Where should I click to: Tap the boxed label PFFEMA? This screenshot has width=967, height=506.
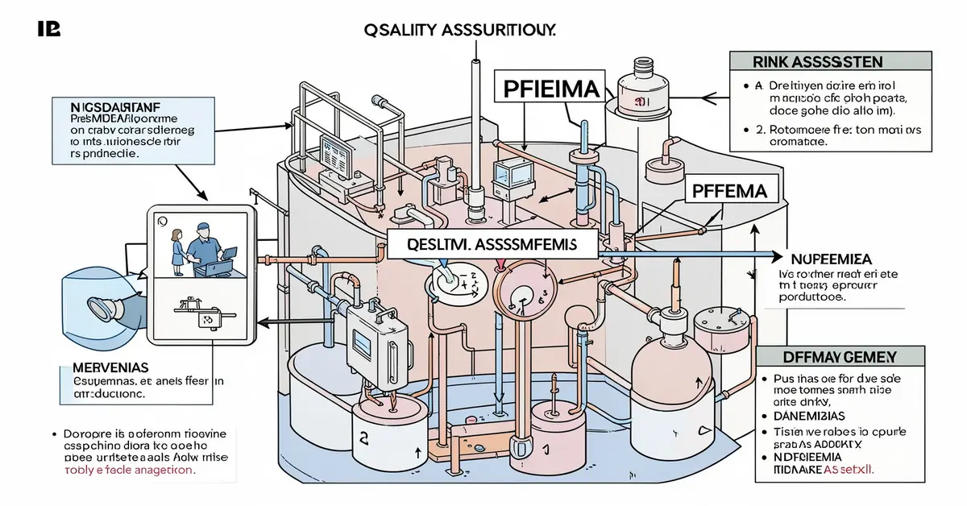tap(734, 192)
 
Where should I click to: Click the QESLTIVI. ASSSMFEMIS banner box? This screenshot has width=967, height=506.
tap(493, 243)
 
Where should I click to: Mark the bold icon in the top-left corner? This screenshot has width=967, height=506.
tap(49, 29)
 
